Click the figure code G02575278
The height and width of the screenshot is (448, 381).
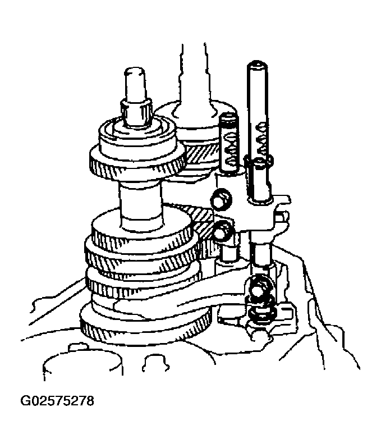[57, 401]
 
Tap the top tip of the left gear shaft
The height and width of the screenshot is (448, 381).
[135, 69]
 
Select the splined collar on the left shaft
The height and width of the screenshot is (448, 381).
[136, 111]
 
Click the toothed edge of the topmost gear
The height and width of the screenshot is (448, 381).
[136, 169]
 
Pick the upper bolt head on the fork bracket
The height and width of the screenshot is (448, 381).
[221, 199]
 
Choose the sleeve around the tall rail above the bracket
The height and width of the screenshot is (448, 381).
[258, 180]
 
